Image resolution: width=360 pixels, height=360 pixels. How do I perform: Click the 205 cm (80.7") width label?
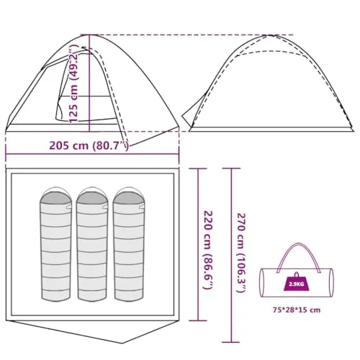[x=89, y=145]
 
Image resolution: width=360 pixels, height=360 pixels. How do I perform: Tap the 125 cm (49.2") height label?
[x=73, y=84]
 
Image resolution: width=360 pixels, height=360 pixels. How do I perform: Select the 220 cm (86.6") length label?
[x=208, y=250]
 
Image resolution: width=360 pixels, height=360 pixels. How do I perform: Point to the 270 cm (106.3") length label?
[x=241, y=253]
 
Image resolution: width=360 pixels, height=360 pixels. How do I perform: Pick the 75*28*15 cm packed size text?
[x=297, y=310]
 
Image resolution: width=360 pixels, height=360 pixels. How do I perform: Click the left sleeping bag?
[x=55, y=244]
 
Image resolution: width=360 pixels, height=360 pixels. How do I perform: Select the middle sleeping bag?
[x=92, y=244]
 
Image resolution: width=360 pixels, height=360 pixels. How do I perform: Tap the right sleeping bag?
[x=129, y=244]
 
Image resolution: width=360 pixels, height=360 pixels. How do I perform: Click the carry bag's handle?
[x=298, y=244]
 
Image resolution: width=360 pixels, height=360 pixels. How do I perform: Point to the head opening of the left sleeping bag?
[x=55, y=197]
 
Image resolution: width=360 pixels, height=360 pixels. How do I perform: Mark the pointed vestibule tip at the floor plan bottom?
[x=122, y=343]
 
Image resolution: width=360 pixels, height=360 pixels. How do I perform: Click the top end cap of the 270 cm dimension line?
[x=231, y=168]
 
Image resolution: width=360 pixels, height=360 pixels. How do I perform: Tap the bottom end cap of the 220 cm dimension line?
[x=198, y=320]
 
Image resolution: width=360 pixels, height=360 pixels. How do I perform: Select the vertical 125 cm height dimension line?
[x=89, y=84]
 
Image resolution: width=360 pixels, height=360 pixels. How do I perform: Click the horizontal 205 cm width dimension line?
[x=92, y=154]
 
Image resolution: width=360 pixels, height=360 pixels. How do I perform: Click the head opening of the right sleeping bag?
[x=129, y=197]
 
